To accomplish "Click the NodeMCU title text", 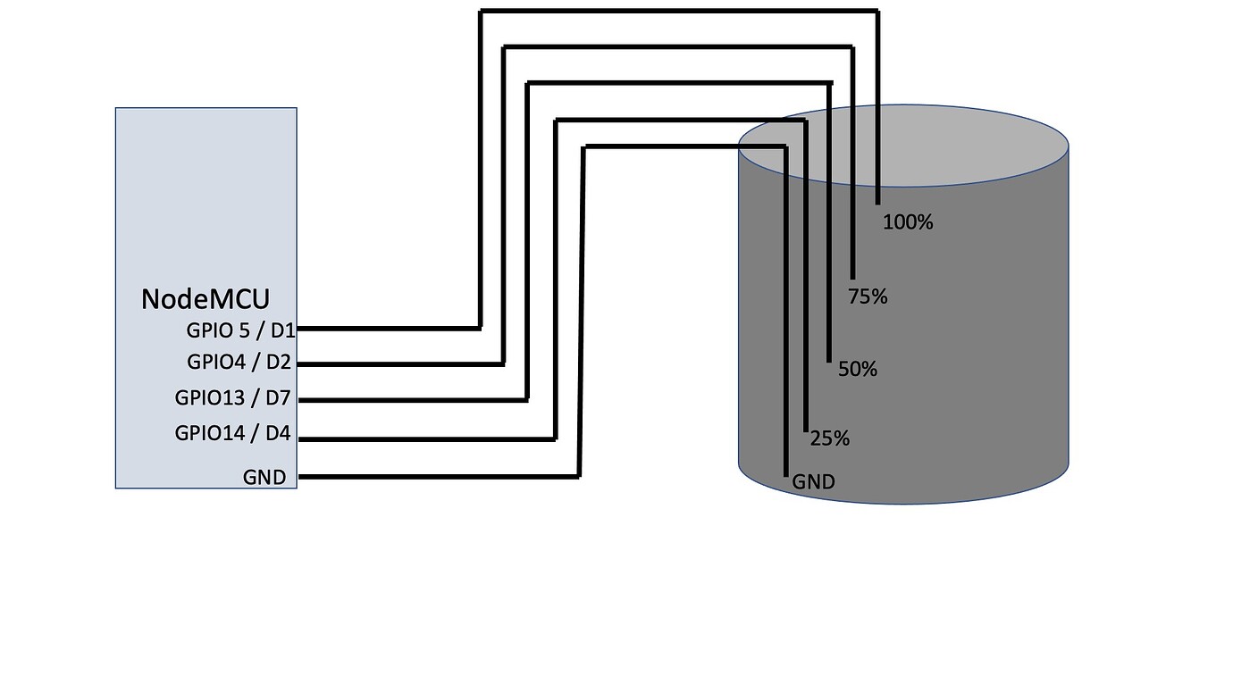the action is point(205,299).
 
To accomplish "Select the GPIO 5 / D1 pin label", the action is point(241,330).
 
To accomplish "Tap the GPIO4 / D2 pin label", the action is point(239,362).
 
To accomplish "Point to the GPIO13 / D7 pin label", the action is point(232,397).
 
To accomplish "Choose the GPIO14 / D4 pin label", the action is point(232,433).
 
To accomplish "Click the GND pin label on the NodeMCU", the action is point(264,477).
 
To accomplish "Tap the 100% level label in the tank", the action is point(908,222).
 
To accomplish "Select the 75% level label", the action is point(868,296).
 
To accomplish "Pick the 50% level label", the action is point(858,369).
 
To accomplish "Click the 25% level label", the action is point(829,438).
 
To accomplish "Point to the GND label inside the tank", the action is point(813,482).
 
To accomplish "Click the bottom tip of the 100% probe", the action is point(878,204).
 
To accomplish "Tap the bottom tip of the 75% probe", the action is point(853,279).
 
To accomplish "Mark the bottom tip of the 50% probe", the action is point(829,362).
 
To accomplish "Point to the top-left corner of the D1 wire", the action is point(481,11).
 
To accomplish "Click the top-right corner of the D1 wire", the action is point(878,11).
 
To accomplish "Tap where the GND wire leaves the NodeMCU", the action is point(299,477).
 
